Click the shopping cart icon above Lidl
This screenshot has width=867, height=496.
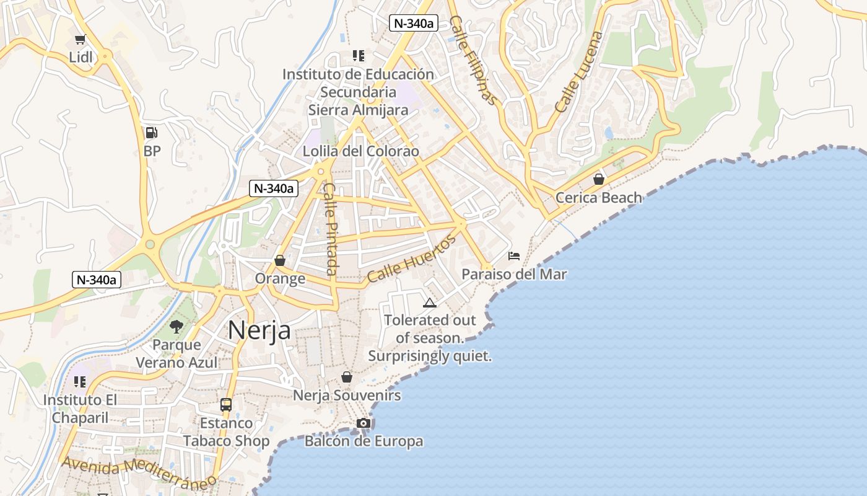click(80, 40)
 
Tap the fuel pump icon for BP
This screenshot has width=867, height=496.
click(151, 132)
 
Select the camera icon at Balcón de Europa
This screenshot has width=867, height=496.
click(364, 423)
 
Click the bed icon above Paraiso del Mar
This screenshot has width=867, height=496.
click(514, 255)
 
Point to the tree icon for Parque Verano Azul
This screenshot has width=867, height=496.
click(176, 326)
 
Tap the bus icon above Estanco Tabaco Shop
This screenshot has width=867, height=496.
click(226, 405)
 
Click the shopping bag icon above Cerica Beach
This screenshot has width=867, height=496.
click(599, 179)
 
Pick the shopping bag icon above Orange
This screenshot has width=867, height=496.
click(280, 260)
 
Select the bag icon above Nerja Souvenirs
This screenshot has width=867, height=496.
click(347, 377)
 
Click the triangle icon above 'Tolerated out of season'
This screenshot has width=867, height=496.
click(429, 303)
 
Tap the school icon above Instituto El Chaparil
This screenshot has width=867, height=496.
click(80, 382)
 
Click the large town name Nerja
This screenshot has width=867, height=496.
click(259, 330)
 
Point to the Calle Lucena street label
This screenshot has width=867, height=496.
click(579, 72)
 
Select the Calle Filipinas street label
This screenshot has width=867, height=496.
click(473, 60)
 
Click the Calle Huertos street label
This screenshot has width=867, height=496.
click(411, 259)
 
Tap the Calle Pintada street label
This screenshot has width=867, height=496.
click(331, 229)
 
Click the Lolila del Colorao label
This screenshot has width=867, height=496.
click(360, 151)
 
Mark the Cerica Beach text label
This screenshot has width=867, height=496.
click(599, 198)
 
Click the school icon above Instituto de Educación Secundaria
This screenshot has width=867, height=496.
click(358, 56)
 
